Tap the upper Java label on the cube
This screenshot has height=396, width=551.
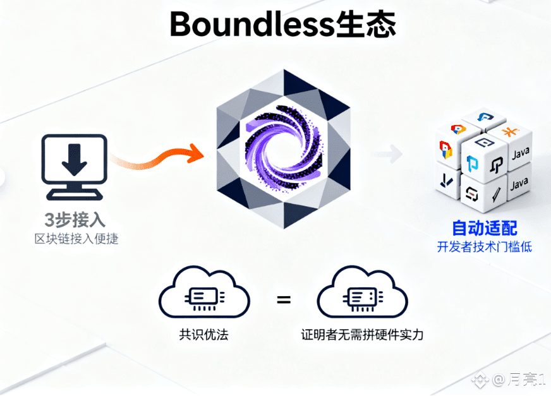pos(519,153)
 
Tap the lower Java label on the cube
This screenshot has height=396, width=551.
pos(518,184)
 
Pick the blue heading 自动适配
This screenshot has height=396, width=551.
pos(485,227)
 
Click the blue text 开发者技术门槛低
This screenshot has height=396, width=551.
pos(485,246)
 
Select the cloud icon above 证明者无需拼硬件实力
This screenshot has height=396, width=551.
pos(361,296)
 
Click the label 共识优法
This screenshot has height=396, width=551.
pos(203,334)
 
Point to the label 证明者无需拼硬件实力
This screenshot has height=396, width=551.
pos(362,334)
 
